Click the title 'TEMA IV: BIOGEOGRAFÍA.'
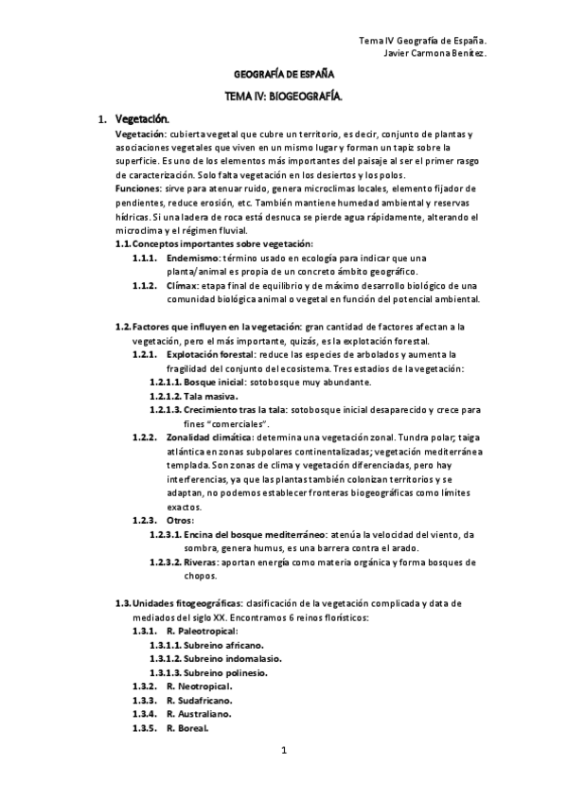coord(283,96)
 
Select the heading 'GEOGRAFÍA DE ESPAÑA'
coord(283,73)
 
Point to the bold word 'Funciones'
coord(135,189)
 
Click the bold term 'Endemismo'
coord(191,258)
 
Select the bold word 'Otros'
coord(179,520)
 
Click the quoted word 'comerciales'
coord(231,423)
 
